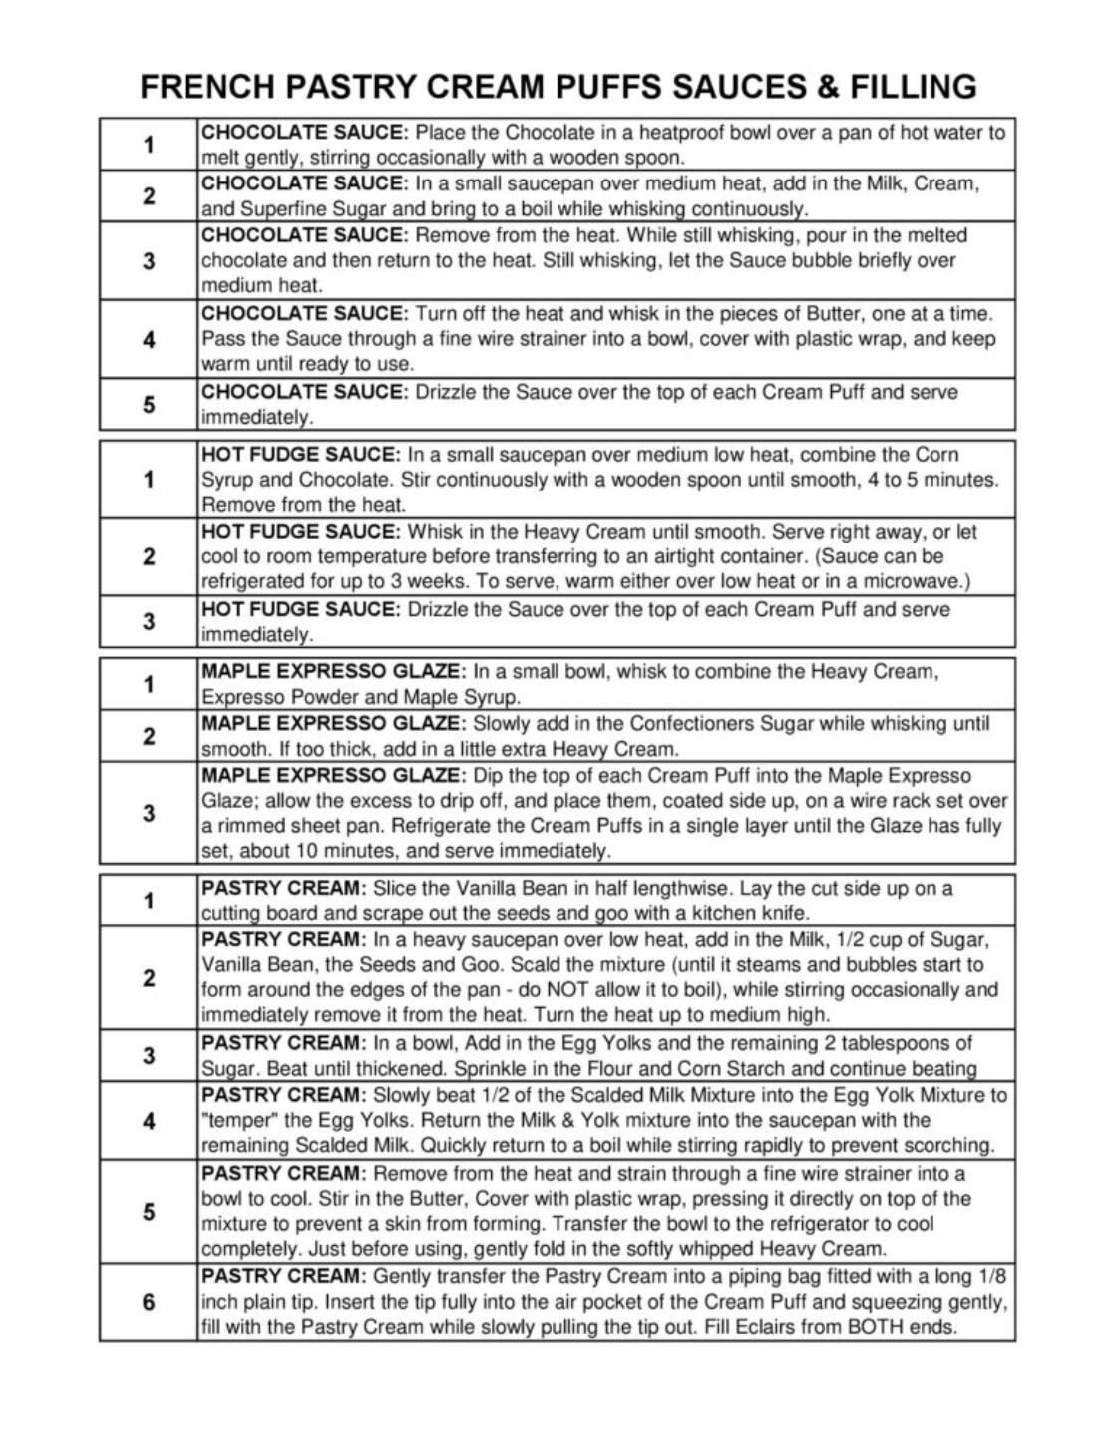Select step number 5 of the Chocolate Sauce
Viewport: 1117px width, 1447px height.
click(x=149, y=404)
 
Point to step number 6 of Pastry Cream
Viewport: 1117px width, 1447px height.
click(x=149, y=1301)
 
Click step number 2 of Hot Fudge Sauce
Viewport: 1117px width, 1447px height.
click(x=149, y=556)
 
